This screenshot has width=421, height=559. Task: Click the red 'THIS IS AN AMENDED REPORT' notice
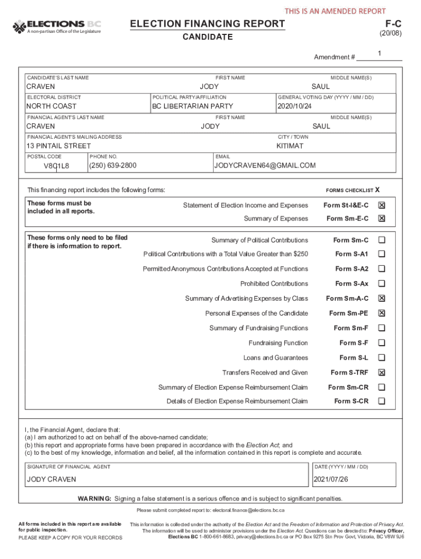tap(335, 11)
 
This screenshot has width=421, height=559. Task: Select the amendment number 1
tap(379, 53)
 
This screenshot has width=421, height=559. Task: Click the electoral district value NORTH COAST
tap(52, 106)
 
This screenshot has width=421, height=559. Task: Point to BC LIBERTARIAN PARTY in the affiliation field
tap(192, 106)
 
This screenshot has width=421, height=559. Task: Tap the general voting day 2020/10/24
tap(295, 106)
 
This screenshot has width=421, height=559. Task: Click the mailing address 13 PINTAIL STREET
tap(59, 146)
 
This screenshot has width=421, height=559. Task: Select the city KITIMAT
tap(290, 146)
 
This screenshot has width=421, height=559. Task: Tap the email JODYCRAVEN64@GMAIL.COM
tap(265, 165)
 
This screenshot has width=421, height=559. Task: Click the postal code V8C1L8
tap(56, 166)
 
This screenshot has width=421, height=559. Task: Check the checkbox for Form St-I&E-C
tap(382, 205)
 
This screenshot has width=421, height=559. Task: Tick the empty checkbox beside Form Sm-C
tap(382, 240)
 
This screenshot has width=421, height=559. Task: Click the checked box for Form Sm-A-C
tap(382, 299)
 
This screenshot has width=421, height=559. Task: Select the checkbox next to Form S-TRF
tap(382, 372)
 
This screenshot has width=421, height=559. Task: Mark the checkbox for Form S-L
tap(382, 358)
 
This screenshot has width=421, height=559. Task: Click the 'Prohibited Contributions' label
tap(274, 283)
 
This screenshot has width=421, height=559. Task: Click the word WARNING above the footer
tap(95, 498)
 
